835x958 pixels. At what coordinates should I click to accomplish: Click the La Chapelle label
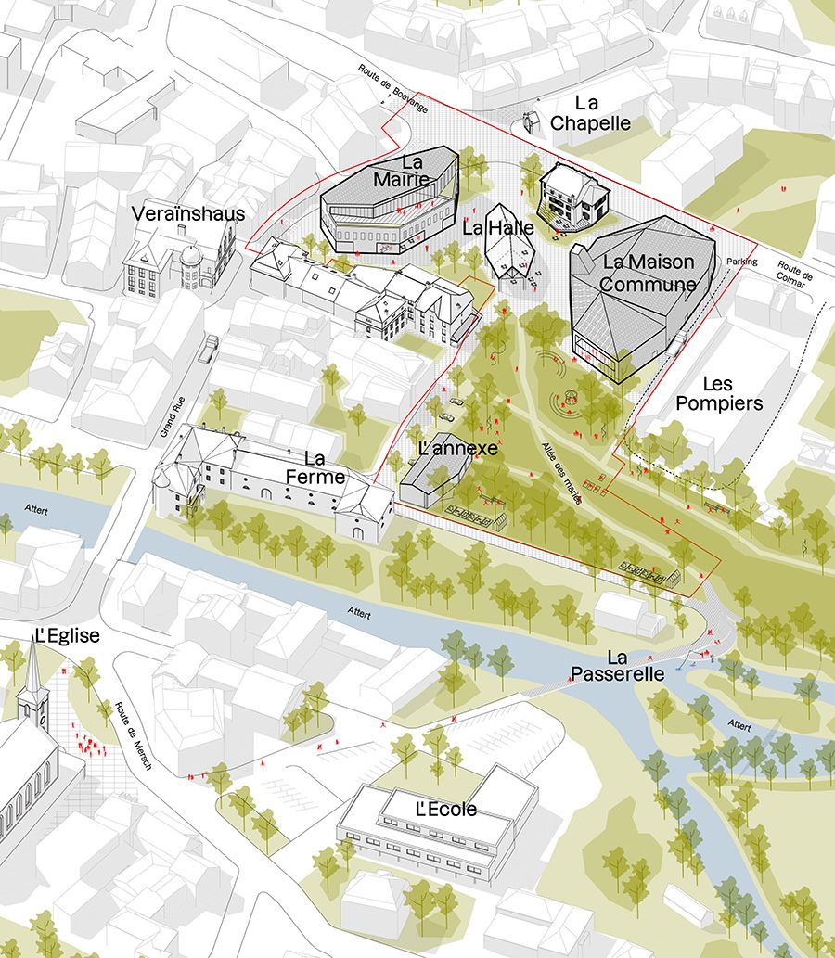click(590, 113)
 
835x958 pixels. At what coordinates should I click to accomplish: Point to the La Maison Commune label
click(649, 273)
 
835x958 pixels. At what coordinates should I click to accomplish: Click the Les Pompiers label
click(719, 393)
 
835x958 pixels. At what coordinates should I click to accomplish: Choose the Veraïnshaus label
click(188, 214)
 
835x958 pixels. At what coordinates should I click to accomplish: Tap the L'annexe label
click(458, 449)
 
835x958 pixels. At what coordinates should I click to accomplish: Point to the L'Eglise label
click(66, 636)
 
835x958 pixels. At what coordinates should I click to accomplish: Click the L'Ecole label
click(446, 810)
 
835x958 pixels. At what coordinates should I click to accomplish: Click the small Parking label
click(742, 262)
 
